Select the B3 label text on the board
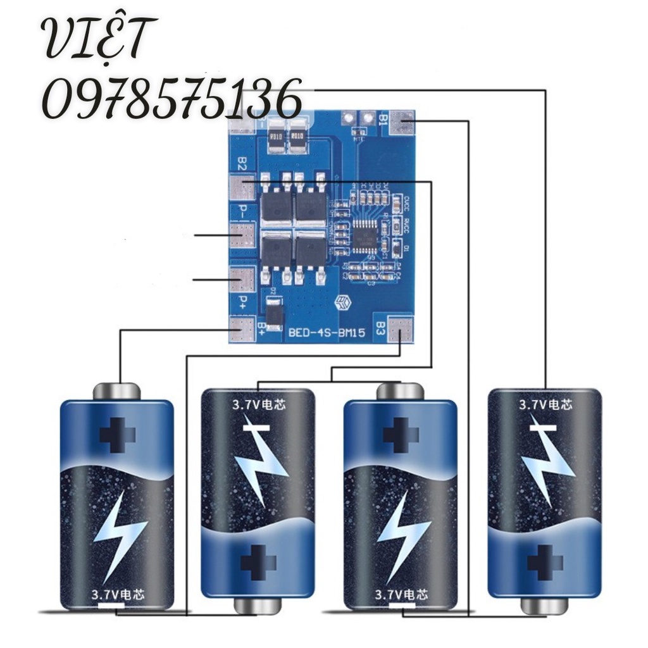(x=380, y=329)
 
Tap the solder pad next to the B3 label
(x=401, y=330)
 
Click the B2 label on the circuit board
(x=241, y=164)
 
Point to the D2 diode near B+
(x=274, y=314)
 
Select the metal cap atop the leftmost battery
(x=117, y=390)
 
